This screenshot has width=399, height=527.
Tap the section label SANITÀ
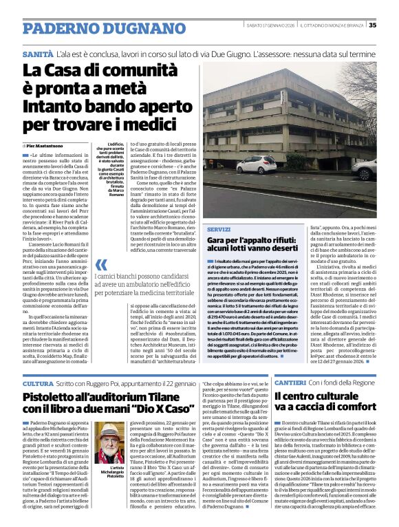(x=37, y=53)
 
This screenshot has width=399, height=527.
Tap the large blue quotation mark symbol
(x=101, y=265)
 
